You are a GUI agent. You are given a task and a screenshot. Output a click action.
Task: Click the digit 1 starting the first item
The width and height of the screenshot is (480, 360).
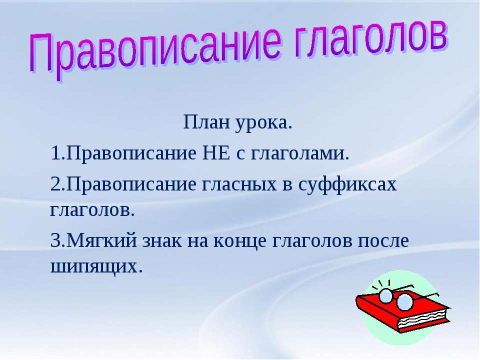pyautogui.click(x=55, y=153)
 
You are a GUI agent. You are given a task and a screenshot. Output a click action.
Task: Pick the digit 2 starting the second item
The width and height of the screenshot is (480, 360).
pyautogui.click(x=55, y=184)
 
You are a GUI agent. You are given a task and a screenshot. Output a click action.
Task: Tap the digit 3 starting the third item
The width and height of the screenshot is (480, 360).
pyautogui.click(x=55, y=240)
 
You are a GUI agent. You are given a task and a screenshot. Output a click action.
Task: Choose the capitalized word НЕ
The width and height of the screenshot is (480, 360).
pyautogui.click(x=216, y=153)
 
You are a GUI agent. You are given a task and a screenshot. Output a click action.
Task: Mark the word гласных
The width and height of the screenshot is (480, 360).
pyautogui.click(x=239, y=185)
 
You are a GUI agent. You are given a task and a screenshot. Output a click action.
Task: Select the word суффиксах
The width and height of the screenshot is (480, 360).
pyautogui.click(x=347, y=185)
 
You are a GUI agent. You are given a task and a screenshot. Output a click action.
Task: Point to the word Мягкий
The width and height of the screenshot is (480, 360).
pyautogui.click(x=101, y=240)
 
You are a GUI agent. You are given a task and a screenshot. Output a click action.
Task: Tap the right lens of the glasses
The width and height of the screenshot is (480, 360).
pyautogui.click(x=404, y=301)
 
